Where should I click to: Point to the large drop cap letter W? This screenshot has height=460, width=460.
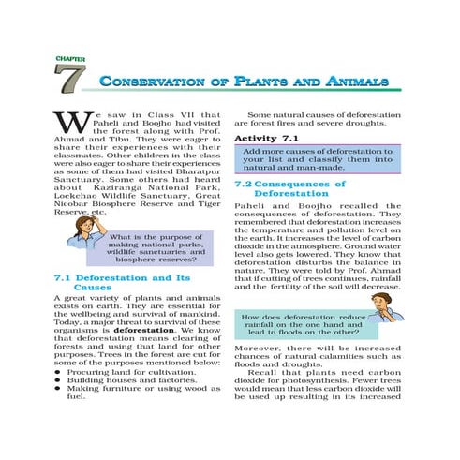tap(68, 124)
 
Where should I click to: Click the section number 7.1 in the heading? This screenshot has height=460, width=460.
tap(64, 278)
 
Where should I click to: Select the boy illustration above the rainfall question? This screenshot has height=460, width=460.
tap(378, 304)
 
